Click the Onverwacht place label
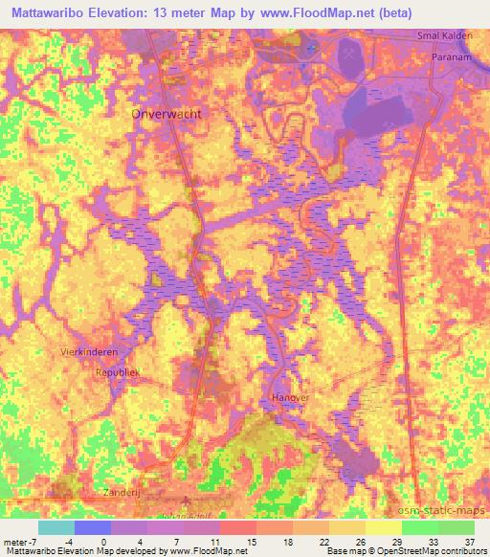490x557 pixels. pyautogui.click(x=163, y=113)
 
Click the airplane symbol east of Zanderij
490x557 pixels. pyautogui.click(x=186, y=499)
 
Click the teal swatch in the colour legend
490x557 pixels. pyautogui.click(x=56, y=527)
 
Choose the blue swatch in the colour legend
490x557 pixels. pyautogui.click(x=93, y=527)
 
